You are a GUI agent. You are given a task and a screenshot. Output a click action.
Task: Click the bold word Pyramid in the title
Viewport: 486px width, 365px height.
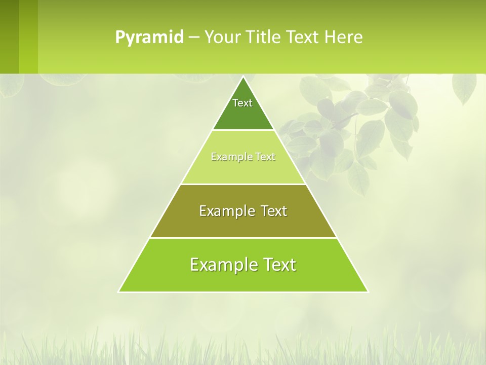(149, 38)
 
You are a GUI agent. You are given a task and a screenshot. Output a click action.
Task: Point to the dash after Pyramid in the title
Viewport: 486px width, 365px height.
(194, 38)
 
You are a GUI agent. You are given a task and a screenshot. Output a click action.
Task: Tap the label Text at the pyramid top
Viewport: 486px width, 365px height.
(242, 103)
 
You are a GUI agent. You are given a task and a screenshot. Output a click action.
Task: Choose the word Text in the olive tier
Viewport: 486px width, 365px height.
(270, 211)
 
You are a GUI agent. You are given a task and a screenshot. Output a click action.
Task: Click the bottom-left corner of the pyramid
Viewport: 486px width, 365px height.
(119, 291)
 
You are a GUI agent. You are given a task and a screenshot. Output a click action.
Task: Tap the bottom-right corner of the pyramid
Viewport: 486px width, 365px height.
(368, 291)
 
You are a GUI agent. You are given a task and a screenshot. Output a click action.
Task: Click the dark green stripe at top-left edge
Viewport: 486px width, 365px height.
(9, 36)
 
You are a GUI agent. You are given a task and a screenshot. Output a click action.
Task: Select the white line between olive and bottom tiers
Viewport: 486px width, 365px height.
(243, 238)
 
